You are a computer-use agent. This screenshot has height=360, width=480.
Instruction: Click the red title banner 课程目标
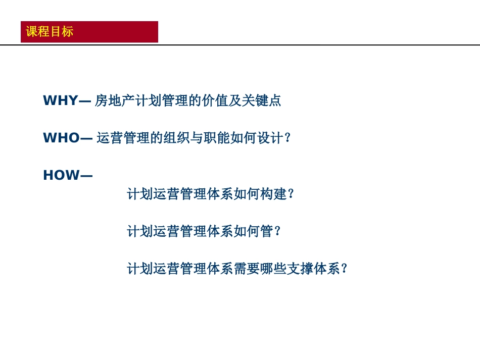(89, 32)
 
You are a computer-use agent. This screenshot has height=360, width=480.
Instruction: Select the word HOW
(61, 175)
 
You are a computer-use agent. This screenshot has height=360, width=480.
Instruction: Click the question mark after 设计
(288, 138)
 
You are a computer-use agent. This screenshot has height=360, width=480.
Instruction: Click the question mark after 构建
(291, 194)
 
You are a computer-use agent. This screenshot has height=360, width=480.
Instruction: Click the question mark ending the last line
(345, 269)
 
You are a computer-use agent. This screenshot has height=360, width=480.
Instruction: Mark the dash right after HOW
(86, 176)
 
